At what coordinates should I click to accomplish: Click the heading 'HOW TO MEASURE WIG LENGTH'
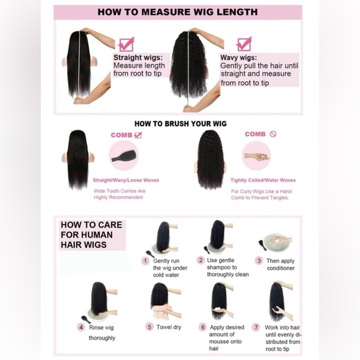click(178, 12)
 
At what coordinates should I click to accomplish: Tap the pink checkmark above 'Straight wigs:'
click(126, 45)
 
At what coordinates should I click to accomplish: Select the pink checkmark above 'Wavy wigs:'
click(245, 44)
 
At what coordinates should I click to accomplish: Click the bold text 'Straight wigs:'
click(138, 57)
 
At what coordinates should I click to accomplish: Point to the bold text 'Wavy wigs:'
click(238, 57)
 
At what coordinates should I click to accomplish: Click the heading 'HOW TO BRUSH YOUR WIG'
click(181, 124)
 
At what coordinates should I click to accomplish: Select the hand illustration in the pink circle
click(257, 157)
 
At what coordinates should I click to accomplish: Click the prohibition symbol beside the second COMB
click(273, 134)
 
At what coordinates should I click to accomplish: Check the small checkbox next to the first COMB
click(138, 135)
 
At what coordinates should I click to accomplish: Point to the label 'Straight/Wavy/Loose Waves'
click(126, 180)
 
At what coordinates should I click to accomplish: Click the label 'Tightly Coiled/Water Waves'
click(263, 180)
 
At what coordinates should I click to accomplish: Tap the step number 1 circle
click(145, 261)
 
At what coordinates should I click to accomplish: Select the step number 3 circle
click(259, 261)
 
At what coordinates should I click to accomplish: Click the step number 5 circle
click(150, 326)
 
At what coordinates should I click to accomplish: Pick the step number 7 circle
click(256, 327)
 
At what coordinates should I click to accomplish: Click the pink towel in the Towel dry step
click(162, 312)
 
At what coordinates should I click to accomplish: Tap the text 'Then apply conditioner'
click(281, 264)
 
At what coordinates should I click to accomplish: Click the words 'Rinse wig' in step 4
click(101, 328)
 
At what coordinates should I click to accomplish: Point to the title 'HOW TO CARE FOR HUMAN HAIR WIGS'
click(91, 235)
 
